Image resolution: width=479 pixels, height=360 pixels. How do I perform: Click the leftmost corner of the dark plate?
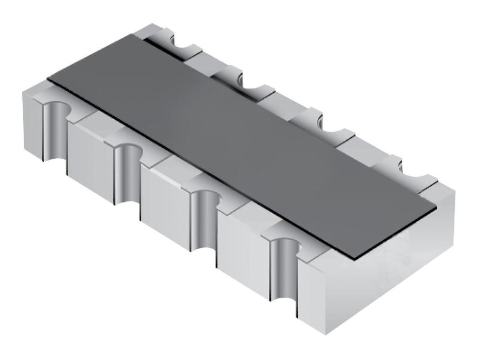(x=48, y=80)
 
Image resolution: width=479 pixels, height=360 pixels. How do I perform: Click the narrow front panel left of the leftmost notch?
(x=33, y=123)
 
